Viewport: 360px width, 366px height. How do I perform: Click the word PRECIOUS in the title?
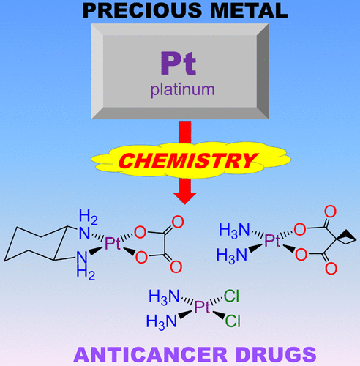[x=142, y=10]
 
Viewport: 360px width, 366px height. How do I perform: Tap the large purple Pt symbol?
[x=179, y=63]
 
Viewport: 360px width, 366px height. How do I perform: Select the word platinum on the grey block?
[x=183, y=90]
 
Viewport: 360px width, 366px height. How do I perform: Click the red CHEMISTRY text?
[x=187, y=161]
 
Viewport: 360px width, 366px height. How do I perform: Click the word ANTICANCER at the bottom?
[x=150, y=355]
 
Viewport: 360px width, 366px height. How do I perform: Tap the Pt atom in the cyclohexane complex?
[x=113, y=243]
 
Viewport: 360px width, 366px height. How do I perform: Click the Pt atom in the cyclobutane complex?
[x=272, y=240]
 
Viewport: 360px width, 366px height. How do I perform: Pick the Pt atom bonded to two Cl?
[x=202, y=307]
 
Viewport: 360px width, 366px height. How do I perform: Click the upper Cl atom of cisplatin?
[x=231, y=296]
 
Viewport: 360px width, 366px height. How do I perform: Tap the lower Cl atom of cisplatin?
[x=233, y=321]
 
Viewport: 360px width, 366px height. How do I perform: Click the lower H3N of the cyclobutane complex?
[x=232, y=256]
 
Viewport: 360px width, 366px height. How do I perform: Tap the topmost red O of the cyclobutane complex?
[x=331, y=212]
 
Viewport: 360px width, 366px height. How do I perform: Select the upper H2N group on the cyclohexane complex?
[x=88, y=225]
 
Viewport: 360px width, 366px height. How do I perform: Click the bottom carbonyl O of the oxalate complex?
[x=176, y=266]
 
